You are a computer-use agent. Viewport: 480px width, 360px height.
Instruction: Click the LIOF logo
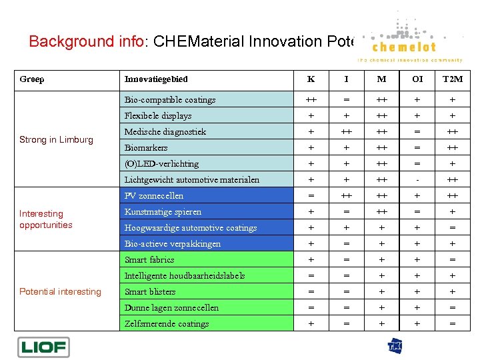43,347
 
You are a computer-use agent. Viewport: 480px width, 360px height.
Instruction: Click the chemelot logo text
404,47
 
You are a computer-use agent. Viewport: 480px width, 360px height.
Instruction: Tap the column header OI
417,79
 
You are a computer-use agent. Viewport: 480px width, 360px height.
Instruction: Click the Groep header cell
32,79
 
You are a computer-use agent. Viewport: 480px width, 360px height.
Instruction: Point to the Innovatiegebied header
156,79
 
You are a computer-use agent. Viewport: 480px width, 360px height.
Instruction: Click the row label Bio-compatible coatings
170,100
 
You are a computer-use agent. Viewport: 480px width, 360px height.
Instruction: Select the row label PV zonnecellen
154,196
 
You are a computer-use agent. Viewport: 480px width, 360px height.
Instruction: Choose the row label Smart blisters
150,292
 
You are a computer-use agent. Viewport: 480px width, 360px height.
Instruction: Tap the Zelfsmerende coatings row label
167,324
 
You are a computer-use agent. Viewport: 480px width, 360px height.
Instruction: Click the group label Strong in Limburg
56,139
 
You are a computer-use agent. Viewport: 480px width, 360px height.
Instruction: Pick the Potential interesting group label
60,291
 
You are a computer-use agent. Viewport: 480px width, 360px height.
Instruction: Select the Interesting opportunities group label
45,219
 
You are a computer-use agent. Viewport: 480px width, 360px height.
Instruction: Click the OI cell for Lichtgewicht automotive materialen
417,180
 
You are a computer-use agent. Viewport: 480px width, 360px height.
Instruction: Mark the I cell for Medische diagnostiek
346,132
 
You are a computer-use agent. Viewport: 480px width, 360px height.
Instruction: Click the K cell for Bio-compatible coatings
311,100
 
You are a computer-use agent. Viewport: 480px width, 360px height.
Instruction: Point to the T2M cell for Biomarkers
452,148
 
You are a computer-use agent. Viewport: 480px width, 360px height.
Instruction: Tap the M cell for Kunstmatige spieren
381,212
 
